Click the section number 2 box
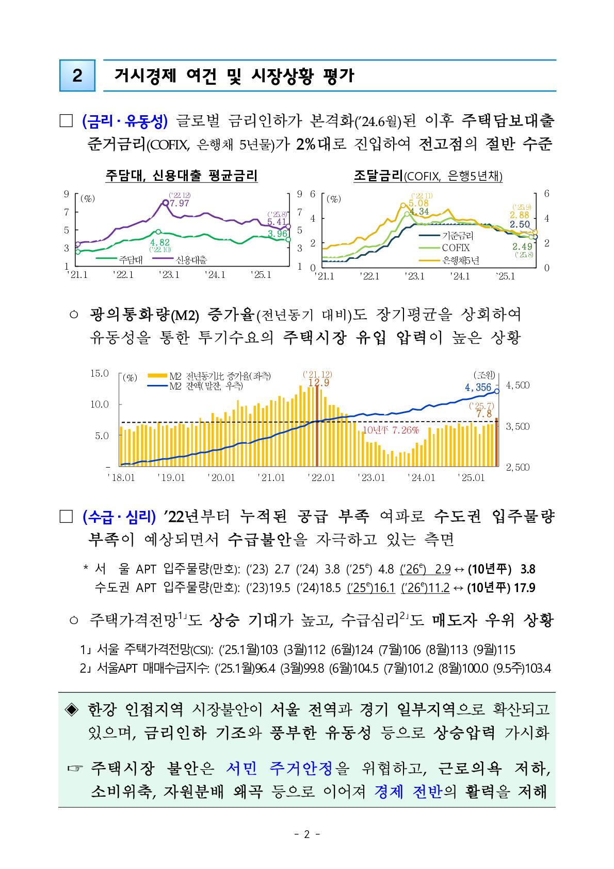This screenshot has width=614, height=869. [77, 76]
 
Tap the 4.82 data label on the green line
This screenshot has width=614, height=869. [160, 242]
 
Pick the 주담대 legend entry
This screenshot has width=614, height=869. [131, 260]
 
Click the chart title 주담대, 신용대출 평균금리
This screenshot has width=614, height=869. [181, 176]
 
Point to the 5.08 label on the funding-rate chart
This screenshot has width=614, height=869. [418, 203]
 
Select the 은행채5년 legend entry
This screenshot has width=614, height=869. [461, 260]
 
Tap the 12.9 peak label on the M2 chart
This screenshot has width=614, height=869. [318, 382]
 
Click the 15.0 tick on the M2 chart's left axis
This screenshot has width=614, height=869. [100, 373]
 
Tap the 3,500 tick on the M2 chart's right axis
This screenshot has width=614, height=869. [518, 427]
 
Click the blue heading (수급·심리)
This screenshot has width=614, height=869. [119, 516]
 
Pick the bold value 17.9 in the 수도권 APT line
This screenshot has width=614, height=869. [528, 588]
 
